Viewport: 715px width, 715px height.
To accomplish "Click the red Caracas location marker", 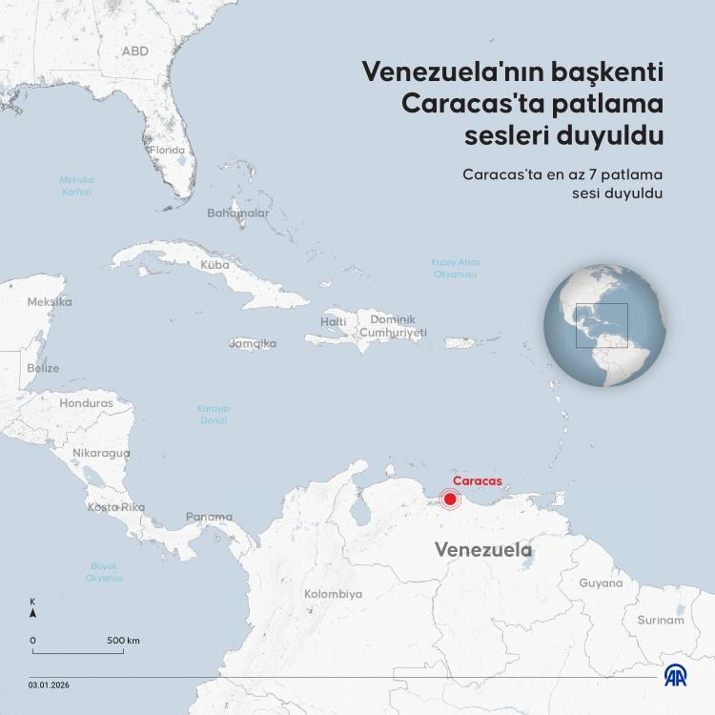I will point(450,499).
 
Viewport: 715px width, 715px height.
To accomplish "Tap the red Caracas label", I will point(477,481).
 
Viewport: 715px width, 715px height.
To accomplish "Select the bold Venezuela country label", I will point(482,550).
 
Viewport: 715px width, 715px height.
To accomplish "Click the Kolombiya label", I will point(333,594).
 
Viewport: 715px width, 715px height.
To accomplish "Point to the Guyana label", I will point(601,582).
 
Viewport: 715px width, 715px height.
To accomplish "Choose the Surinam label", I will point(661,620).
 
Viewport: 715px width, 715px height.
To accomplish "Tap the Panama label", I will point(209,517).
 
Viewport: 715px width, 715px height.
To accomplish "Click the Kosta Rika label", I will point(116,507).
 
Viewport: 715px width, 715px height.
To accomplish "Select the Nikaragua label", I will point(100,453).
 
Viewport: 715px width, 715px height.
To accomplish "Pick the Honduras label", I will point(86,403).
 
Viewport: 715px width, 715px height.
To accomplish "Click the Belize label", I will point(43,368).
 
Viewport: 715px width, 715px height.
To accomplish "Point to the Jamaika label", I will point(253,343).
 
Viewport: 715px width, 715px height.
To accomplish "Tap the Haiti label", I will point(334,321).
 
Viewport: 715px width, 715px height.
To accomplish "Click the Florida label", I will point(166,150).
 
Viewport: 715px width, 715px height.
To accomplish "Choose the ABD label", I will point(135,51).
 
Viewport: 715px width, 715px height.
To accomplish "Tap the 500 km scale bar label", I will point(123,640).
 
